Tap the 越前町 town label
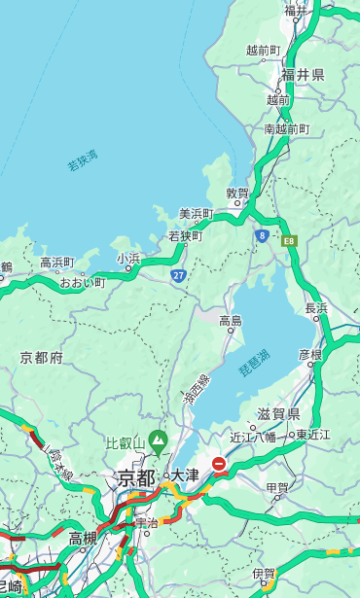(x=263, y=50)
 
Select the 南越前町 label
(x=286, y=128)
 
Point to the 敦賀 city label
(x=237, y=193)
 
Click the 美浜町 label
(x=196, y=214)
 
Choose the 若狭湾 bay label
(x=82, y=161)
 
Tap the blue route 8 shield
(x=262, y=235)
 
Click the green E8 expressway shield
(x=289, y=239)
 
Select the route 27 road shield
(x=179, y=276)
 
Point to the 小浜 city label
(x=128, y=258)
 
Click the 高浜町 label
(x=56, y=263)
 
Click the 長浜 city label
(x=316, y=308)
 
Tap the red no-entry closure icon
(x=220, y=465)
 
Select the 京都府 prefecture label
(x=42, y=358)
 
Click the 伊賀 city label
(x=263, y=574)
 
